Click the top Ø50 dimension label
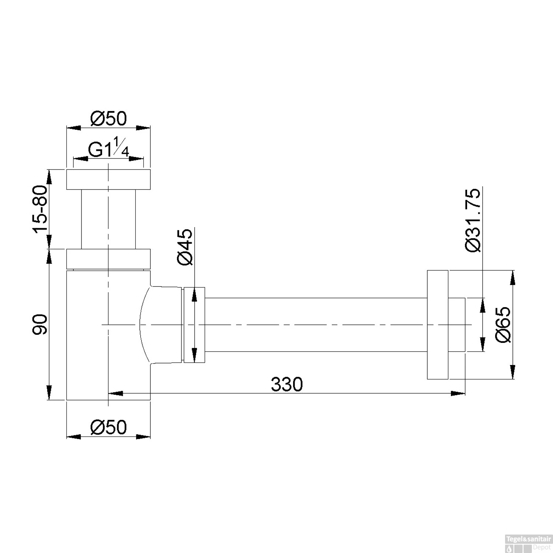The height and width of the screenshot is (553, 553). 108,118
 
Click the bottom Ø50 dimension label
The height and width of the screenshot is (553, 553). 108,427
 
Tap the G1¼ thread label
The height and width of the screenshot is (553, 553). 109,150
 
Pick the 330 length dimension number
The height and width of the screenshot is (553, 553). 287,385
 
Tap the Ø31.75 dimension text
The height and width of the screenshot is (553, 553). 473,220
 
